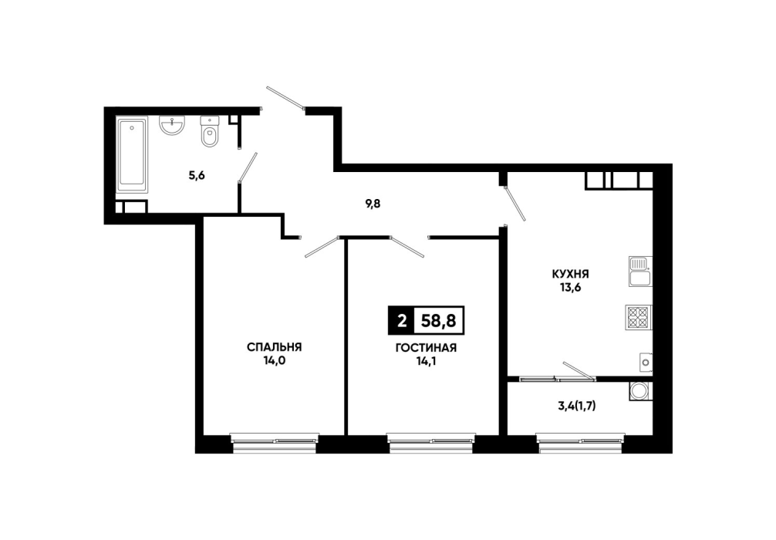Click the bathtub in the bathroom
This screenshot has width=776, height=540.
[x=132, y=155]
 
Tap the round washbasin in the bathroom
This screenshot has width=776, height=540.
[x=172, y=124]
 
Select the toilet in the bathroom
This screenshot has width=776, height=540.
[x=209, y=131]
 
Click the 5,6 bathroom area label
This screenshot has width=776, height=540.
[x=197, y=175]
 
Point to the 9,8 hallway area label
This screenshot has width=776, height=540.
[x=373, y=204]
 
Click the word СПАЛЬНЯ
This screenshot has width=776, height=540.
[x=274, y=347]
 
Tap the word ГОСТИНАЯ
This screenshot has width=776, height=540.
[x=426, y=348]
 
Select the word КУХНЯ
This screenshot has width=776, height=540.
[x=571, y=274]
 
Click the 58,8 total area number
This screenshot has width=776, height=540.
[x=438, y=321]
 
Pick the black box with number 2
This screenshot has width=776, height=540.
[x=402, y=321]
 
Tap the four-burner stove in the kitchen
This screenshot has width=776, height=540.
[x=639, y=317]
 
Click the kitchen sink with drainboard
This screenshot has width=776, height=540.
[x=640, y=272]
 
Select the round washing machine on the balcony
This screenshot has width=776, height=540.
[x=640, y=391]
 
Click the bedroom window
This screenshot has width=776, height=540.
[x=274, y=444]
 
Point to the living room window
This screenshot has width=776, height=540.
[x=431, y=444]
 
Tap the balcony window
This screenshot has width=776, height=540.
[x=581, y=444]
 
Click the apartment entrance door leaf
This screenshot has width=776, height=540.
[x=285, y=97]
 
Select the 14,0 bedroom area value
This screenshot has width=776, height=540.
[x=274, y=361]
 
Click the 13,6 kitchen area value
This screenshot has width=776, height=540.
[x=570, y=287]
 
